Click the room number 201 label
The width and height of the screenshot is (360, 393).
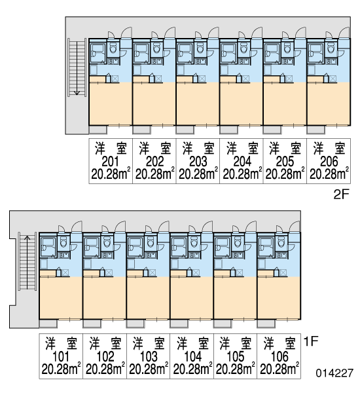click(x=110, y=162)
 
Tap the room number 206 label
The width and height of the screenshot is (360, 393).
click(x=329, y=162)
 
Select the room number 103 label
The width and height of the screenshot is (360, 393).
click(x=149, y=356)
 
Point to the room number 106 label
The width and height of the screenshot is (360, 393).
click(x=279, y=356)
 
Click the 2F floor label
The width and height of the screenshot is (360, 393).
click(x=341, y=195)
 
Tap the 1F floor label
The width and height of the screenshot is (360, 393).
click(x=311, y=341)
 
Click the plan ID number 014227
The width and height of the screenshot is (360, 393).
click(x=334, y=373)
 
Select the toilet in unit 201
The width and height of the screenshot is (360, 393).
click(x=113, y=48)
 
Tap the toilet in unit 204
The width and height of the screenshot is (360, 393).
click(x=243, y=48)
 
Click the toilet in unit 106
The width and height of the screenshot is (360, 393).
click(x=281, y=242)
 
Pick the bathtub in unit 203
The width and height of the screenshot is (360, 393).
click(x=185, y=53)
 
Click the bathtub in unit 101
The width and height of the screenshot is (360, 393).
click(x=48, y=247)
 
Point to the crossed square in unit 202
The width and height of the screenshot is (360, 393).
click(x=158, y=79)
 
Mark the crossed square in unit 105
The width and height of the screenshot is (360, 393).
click(x=240, y=272)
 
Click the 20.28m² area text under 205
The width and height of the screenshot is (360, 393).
click(x=285, y=174)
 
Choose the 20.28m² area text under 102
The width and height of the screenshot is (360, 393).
click(x=105, y=368)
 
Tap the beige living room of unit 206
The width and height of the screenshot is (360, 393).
click(x=329, y=103)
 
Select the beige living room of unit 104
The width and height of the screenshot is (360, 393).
click(x=192, y=297)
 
